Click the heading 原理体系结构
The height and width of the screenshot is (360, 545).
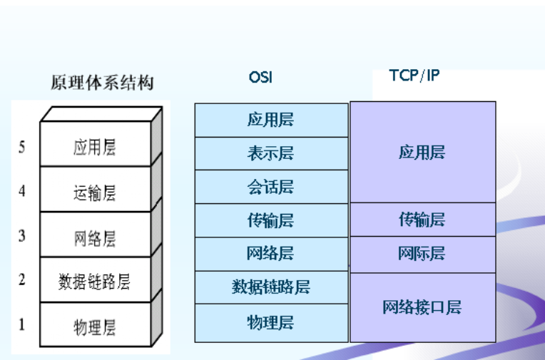pyautogui.click(x=102, y=83)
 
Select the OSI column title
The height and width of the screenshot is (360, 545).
pyautogui.click(x=260, y=77)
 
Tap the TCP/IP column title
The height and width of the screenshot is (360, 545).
pyautogui.click(x=414, y=75)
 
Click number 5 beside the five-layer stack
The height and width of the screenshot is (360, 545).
pyautogui.click(x=22, y=147)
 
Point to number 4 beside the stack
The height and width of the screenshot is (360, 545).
pyautogui.click(x=22, y=191)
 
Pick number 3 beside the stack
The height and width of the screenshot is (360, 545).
pyautogui.click(x=22, y=235)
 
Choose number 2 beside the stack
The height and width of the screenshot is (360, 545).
pyautogui.click(x=22, y=279)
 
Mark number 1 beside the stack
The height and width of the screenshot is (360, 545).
pyautogui.click(x=22, y=324)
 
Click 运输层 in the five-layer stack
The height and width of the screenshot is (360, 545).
pyautogui.click(x=95, y=193)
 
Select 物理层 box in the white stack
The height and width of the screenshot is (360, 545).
pyautogui.click(x=96, y=324)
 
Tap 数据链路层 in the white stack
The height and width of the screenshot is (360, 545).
pyautogui.click(x=94, y=282)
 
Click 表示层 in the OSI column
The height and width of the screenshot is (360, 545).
pyautogui.click(x=270, y=153)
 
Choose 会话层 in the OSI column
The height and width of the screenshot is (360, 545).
pyautogui.click(x=270, y=187)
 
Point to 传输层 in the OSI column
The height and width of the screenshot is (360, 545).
pyautogui.click(x=270, y=220)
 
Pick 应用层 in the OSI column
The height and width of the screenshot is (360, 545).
pyautogui.click(x=270, y=120)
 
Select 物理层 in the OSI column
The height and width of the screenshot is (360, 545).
pyautogui.click(x=270, y=322)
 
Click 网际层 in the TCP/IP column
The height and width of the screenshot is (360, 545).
pyautogui.click(x=422, y=253)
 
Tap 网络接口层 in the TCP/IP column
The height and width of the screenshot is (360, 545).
pyautogui.click(x=422, y=307)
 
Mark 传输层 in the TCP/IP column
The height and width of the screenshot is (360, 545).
pyautogui.click(x=422, y=220)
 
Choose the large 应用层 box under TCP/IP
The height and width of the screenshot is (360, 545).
pyautogui.click(x=423, y=153)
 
